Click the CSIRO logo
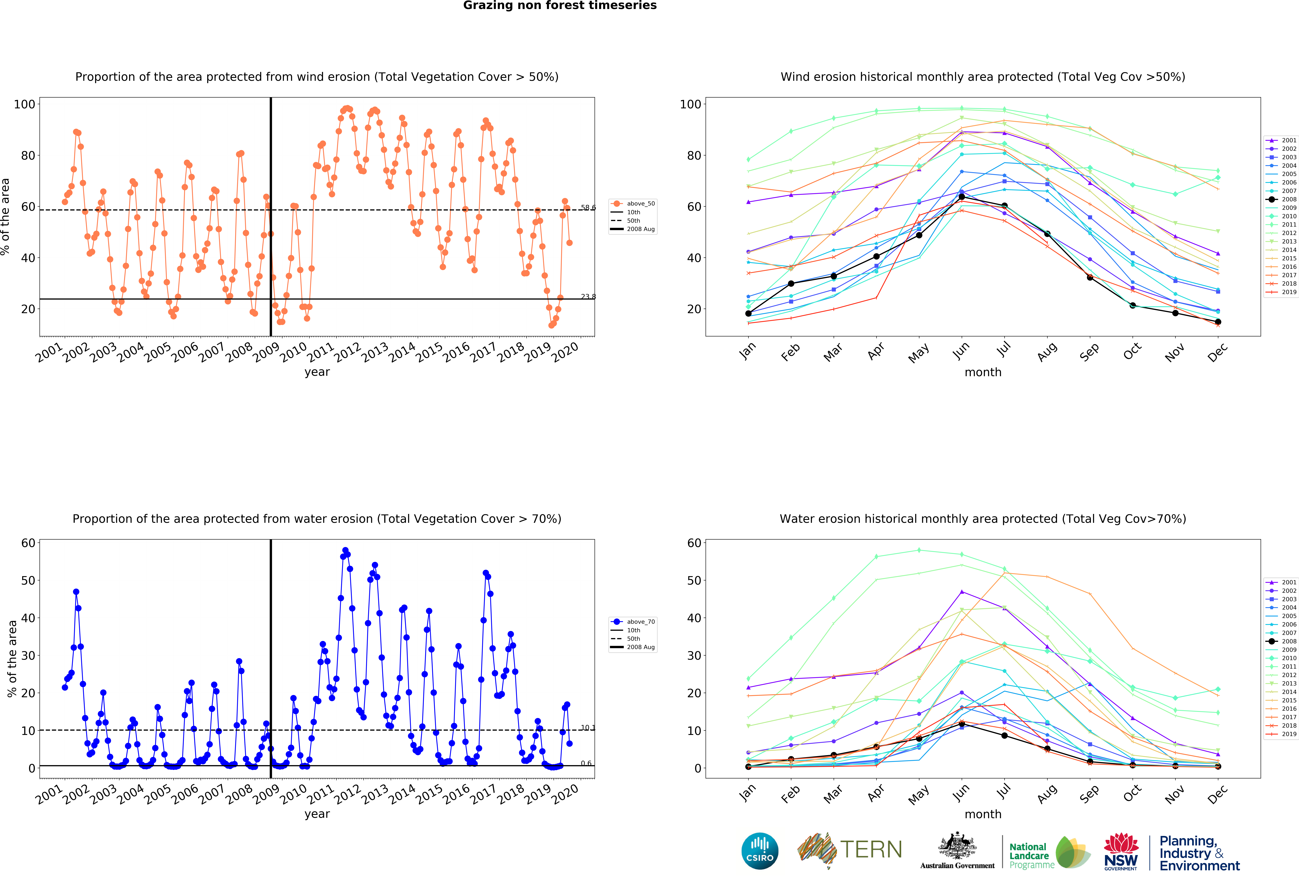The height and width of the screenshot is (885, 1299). pos(760,851)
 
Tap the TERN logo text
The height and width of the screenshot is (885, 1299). pos(871,850)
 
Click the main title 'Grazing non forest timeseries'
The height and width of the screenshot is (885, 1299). pos(559,6)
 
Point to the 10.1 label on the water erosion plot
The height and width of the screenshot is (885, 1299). pos(588,727)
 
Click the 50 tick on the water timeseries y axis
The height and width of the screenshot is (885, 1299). pos(28,580)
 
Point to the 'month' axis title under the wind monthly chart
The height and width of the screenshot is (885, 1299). pos(983,372)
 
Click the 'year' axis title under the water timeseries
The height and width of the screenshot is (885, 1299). pos(317,814)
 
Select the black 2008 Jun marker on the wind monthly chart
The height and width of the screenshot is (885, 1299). pos(961,197)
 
